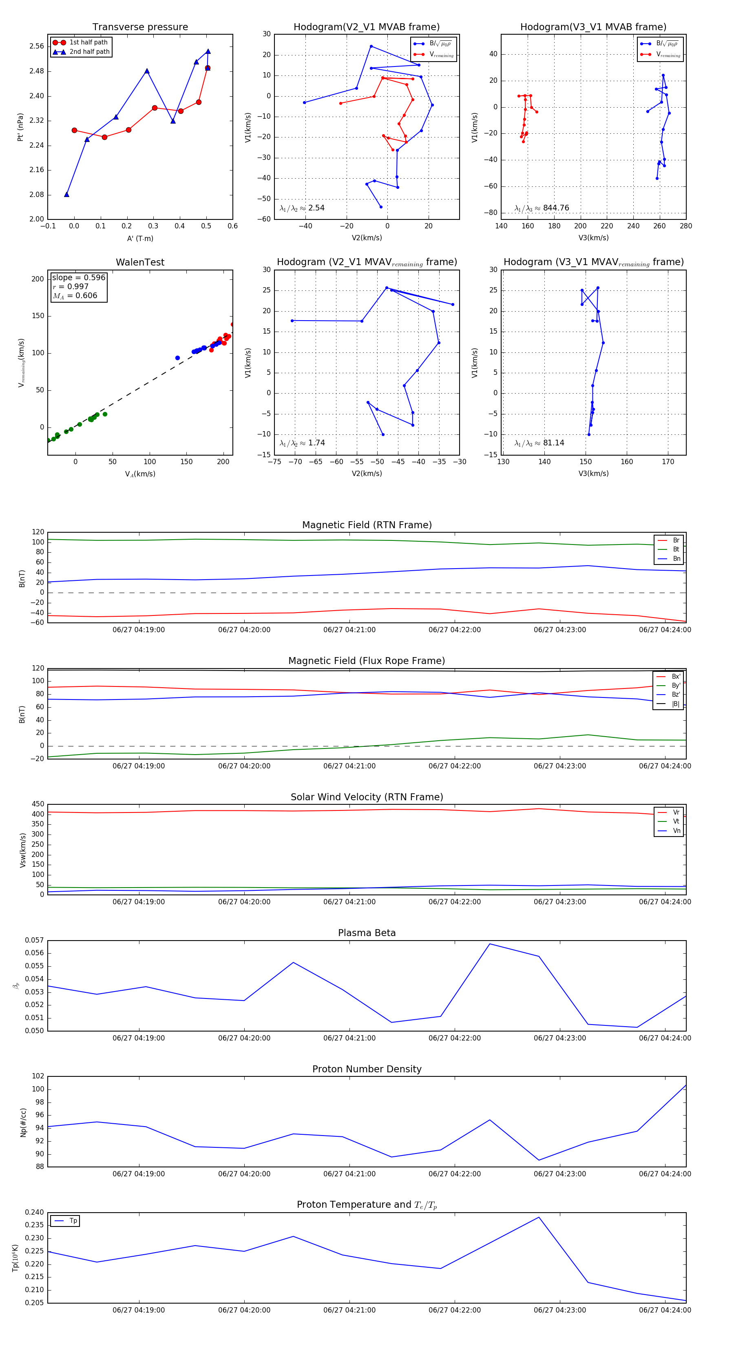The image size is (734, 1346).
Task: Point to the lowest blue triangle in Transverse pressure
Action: pyautogui.click(x=66, y=195)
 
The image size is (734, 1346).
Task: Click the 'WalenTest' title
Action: pyautogui.click(x=140, y=262)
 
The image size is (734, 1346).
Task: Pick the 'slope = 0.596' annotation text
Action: pyautogui.click(x=78, y=277)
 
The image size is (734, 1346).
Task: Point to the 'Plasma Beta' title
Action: pyautogui.click(x=367, y=933)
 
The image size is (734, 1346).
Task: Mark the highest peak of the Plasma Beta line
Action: pyautogui.click(x=489, y=944)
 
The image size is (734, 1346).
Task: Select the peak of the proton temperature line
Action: pyautogui.click(x=539, y=1218)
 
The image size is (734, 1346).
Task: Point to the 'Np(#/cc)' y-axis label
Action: pyautogui.click(x=23, y=1122)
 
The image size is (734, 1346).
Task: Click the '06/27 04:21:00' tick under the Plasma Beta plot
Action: pyautogui.click(x=349, y=1038)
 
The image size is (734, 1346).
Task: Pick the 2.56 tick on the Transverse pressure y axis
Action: pyautogui.click(x=37, y=46)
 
